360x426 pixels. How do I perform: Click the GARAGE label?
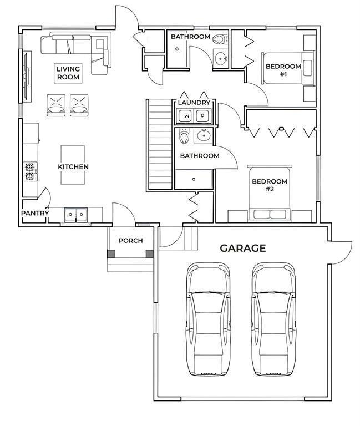pos(242,248)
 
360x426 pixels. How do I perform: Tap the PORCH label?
pos(131,240)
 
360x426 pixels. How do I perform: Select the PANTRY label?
pos(35,213)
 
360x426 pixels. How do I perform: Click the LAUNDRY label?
pos(194,103)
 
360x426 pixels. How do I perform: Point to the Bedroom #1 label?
pos(283,70)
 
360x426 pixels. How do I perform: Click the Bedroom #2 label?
pos(270,185)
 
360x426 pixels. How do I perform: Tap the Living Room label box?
pos(68,73)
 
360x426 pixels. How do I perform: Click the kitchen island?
pos(73,165)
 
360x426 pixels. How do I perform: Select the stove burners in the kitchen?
pos(29,171)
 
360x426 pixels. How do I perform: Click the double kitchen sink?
pos(76,215)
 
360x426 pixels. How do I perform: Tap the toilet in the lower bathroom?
pos(184,136)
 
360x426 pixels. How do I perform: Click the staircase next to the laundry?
pos(160,144)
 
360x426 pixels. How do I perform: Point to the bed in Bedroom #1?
pos(287,68)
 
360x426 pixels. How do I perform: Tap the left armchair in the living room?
pos(56,105)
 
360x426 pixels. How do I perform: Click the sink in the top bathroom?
pos(220,58)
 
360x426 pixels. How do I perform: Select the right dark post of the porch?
pos(150,254)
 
